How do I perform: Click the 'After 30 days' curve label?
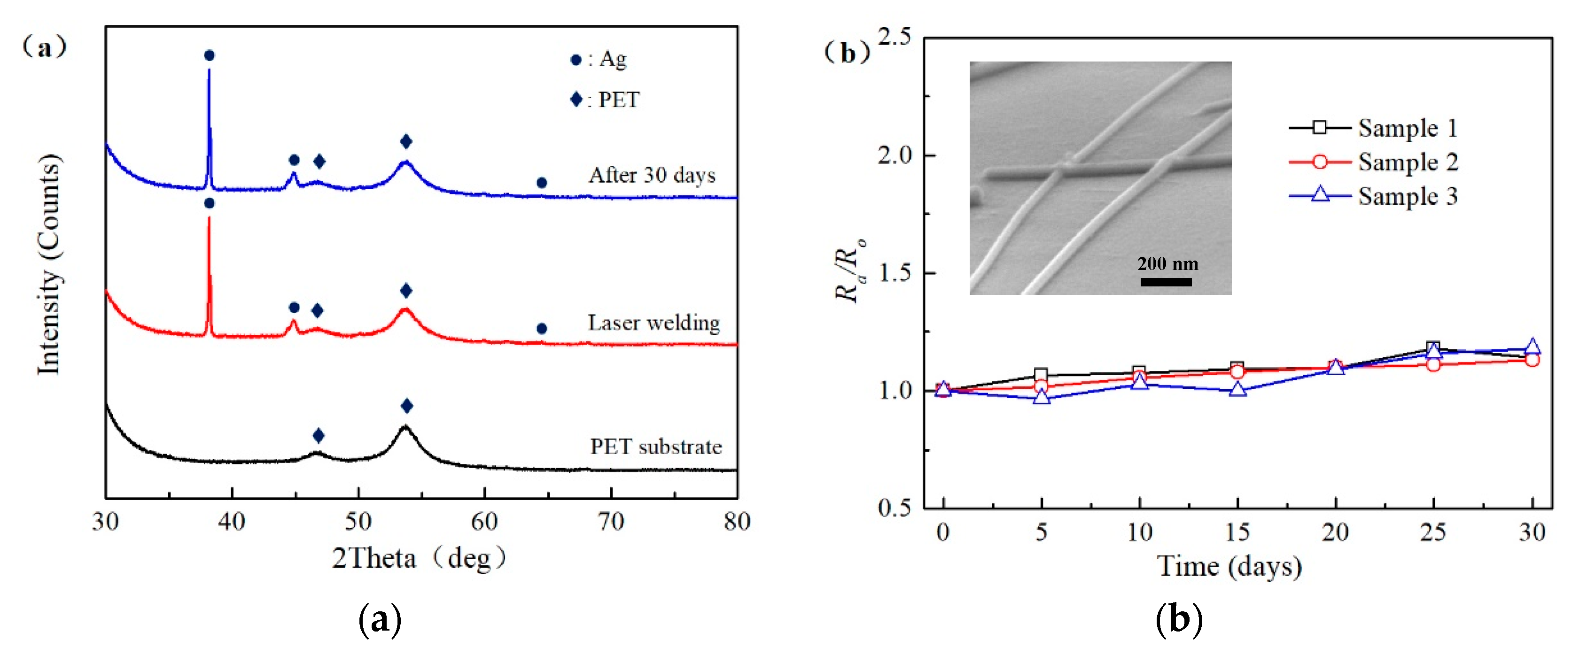click(x=652, y=175)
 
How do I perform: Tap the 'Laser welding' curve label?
click(x=654, y=323)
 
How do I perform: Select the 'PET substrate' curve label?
click(x=655, y=447)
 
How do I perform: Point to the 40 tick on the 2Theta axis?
click(x=232, y=522)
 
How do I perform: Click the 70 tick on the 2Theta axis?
click(x=611, y=522)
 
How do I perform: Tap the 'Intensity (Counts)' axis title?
click(x=49, y=264)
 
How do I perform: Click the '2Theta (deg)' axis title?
click(x=419, y=558)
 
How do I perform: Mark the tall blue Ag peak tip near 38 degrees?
click(x=210, y=70)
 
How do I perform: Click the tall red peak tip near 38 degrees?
click(x=210, y=218)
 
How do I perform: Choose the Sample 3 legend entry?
click(x=1373, y=196)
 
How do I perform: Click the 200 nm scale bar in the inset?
click(x=1166, y=282)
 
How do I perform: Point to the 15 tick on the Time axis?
click(x=1237, y=532)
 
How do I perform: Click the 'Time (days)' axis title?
click(x=1229, y=567)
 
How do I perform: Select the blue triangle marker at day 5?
click(x=1042, y=398)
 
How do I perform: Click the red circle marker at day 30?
click(x=1532, y=360)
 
